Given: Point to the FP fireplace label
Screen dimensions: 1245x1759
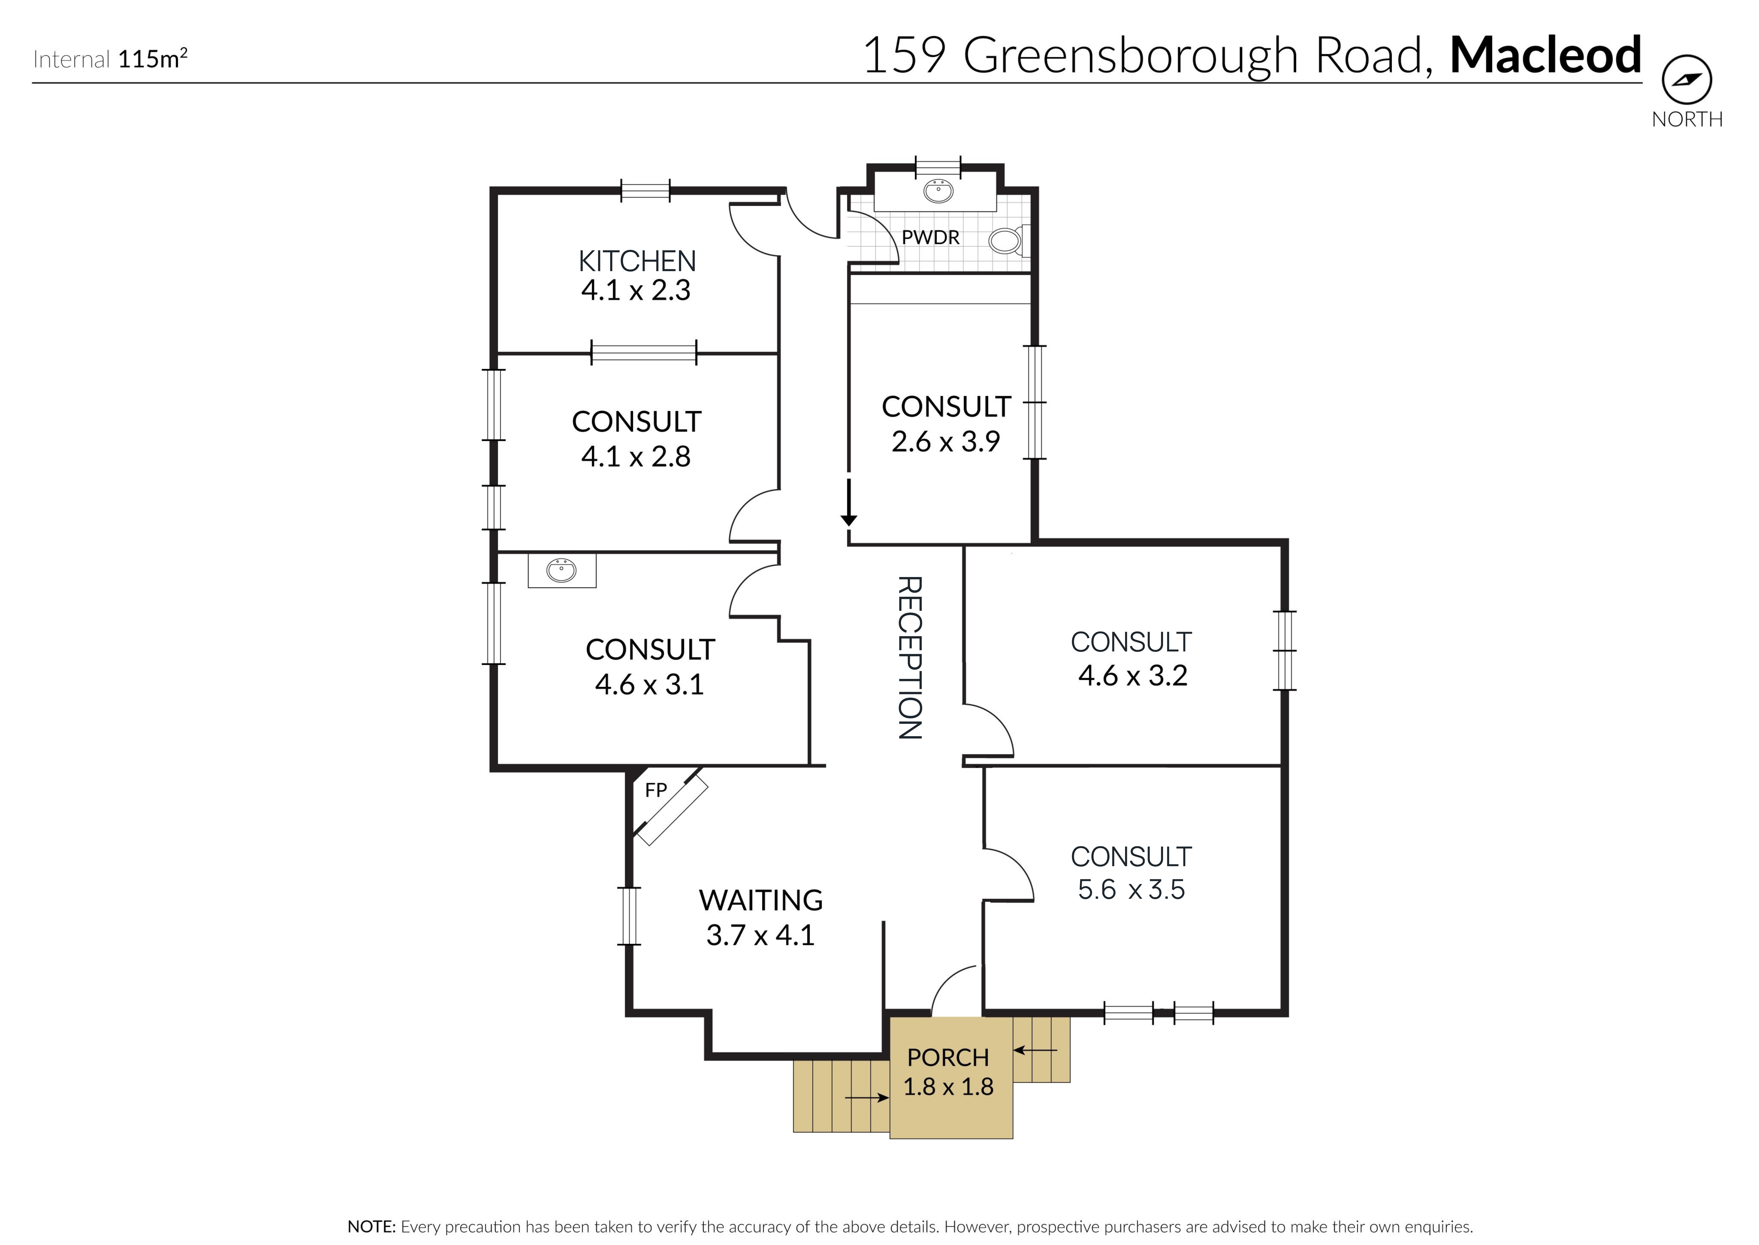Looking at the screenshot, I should click(655, 790).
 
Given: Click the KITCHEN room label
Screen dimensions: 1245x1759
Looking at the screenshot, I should click(637, 261).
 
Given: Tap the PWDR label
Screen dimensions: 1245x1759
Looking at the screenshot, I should click(931, 238).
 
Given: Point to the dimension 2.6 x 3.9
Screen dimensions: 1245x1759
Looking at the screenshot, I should click(946, 442).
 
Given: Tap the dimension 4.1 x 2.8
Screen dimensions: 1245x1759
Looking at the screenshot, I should click(636, 457).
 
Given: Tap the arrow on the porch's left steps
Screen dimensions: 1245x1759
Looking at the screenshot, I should click(868, 1098).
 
